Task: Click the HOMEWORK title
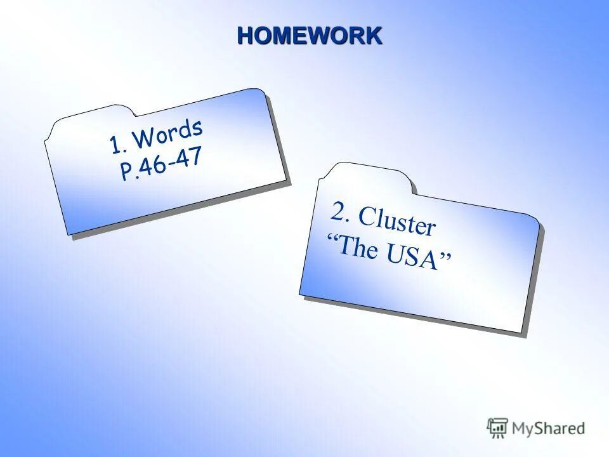click(x=310, y=36)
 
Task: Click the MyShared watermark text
click(x=548, y=428)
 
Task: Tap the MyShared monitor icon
click(x=497, y=427)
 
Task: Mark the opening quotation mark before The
click(x=332, y=237)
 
